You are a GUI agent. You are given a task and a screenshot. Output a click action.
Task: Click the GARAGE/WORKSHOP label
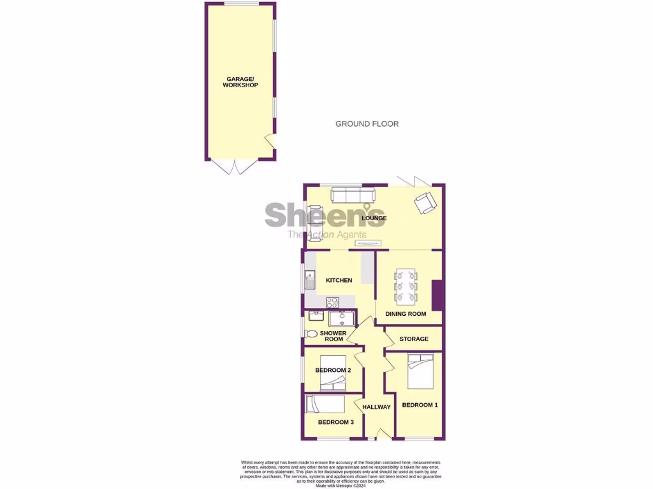click(240, 82)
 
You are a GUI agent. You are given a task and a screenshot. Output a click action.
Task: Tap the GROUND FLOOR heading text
click(367, 124)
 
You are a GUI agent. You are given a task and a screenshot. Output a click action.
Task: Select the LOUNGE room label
click(374, 218)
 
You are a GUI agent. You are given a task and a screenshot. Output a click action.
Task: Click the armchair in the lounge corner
click(425, 202)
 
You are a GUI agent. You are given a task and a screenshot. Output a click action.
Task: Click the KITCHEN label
click(339, 280)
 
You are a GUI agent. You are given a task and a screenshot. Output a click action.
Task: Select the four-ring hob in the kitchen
click(332, 302)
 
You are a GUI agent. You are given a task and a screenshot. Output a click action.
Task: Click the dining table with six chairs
click(407, 285)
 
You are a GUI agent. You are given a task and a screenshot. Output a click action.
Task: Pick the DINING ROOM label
click(406, 314)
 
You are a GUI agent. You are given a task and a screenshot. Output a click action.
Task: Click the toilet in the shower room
click(311, 334)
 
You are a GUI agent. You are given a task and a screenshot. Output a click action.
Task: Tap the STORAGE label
click(414, 339)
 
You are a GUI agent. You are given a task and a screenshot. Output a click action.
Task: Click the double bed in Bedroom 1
click(420, 371)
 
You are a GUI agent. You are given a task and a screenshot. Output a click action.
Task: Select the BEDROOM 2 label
click(333, 370)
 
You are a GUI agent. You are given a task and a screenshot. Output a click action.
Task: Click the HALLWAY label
click(376, 407)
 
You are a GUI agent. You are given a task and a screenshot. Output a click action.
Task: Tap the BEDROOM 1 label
click(420, 405)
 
